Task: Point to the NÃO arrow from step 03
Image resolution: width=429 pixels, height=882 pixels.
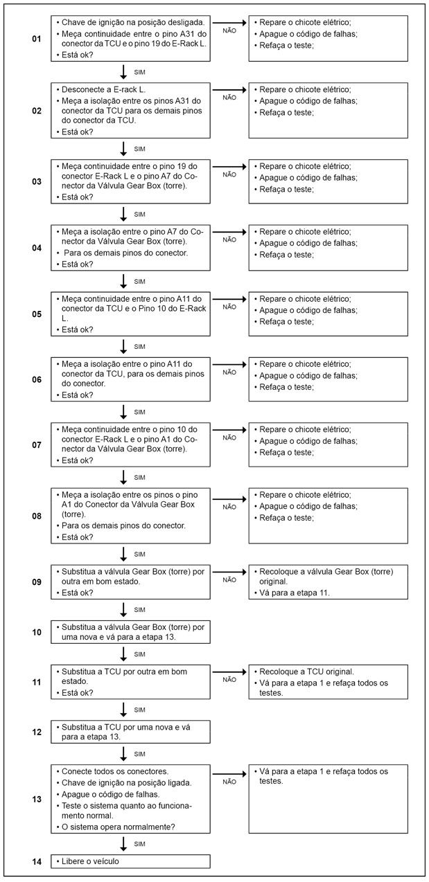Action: [x=229, y=166]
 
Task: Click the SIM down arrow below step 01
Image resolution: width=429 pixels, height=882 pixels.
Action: [x=123, y=72]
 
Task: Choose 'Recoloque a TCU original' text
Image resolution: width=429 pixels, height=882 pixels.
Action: [x=306, y=672]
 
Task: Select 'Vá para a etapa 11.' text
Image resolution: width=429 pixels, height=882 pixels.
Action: [x=294, y=593]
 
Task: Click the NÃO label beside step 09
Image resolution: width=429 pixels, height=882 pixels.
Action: [x=229, y=580]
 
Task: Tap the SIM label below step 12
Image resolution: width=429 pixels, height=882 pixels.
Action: [x=139, y=754]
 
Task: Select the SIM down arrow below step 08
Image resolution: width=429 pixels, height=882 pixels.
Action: [x=123, y=554]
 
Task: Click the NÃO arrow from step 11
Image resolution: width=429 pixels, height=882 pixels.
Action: [x=229, y=672]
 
